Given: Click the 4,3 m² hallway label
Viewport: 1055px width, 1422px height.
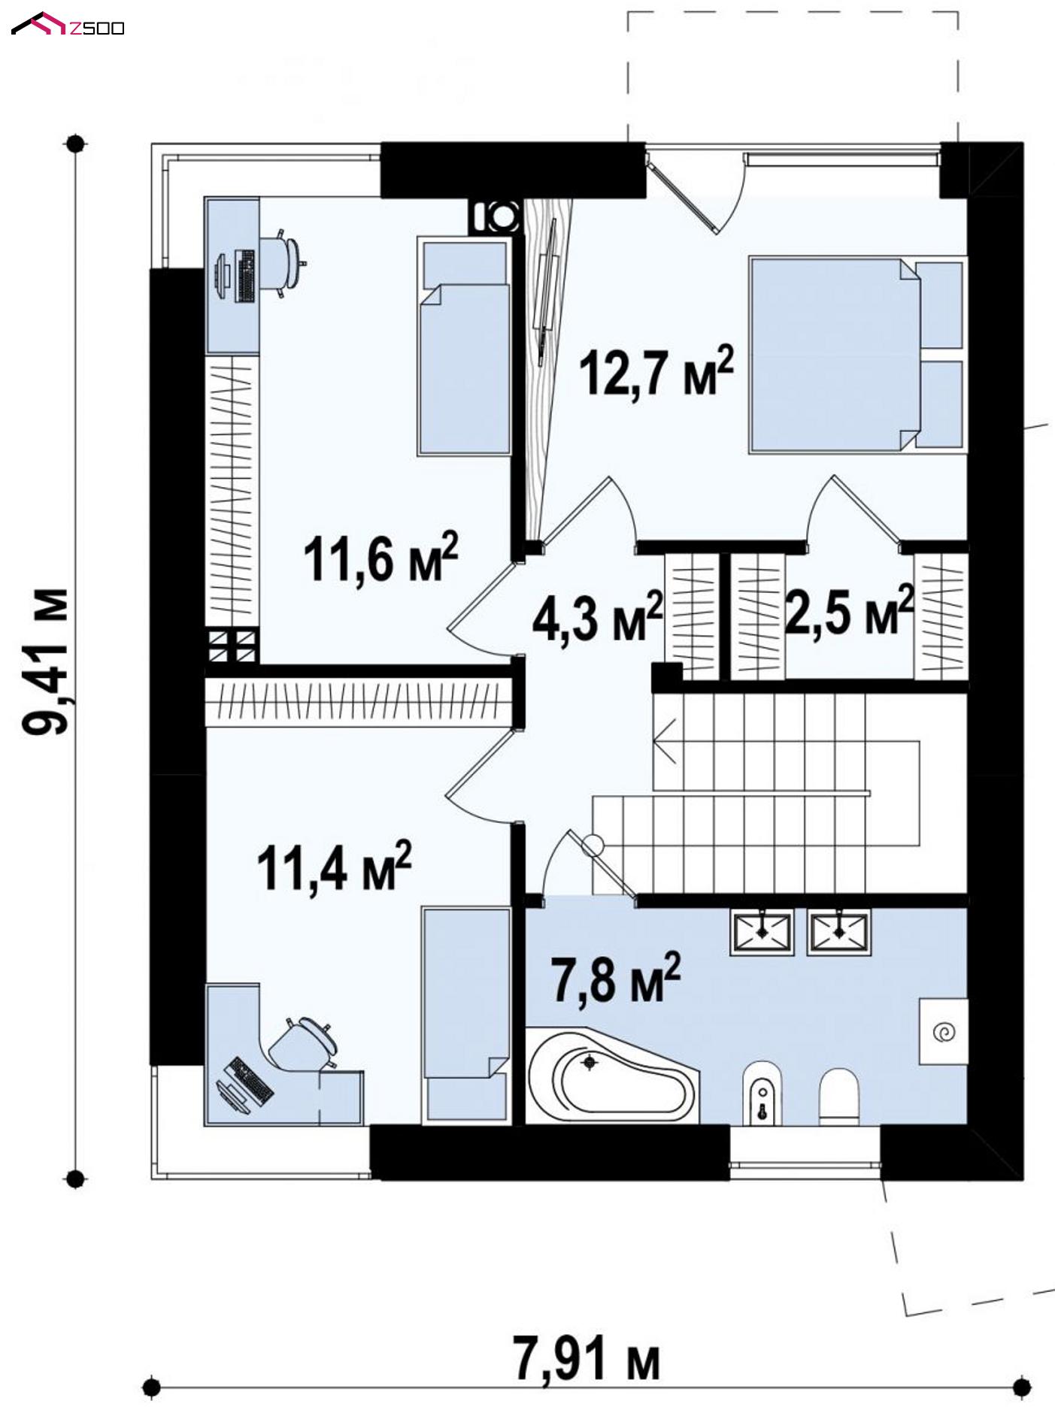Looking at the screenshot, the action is [x=598, y=616].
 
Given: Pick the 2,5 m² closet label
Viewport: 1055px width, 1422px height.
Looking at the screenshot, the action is [x=849, y=610].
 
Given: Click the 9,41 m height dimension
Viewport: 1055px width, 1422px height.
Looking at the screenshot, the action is [x=47, y=661].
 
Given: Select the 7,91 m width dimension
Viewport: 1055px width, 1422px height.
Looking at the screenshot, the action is [x=587, y=1358].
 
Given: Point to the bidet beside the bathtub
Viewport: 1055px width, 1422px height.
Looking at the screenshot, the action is [x=762, y=1094].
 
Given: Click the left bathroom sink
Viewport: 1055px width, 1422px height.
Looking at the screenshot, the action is [x=762, y=932].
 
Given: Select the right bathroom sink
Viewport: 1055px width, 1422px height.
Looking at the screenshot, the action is [x=839, y=932].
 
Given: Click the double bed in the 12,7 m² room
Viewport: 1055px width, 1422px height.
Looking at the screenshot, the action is [x=856, y=355].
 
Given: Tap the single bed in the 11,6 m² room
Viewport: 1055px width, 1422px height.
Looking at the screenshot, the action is [x=464, y=346].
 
